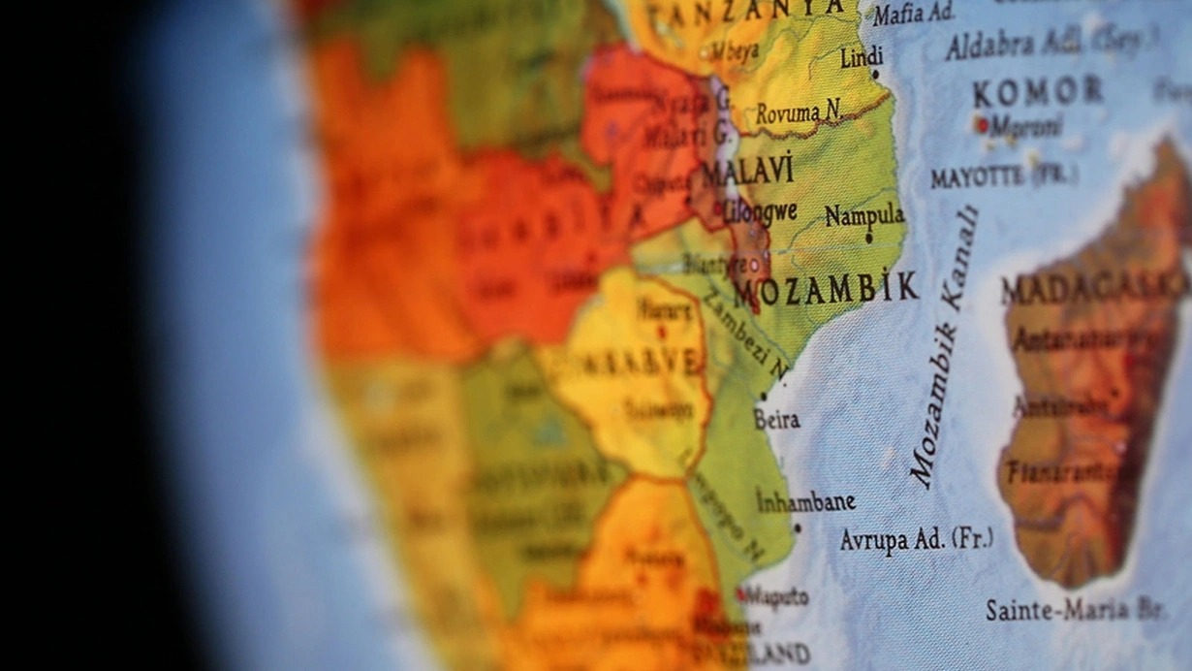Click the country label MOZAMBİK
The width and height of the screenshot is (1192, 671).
tap(825, 288)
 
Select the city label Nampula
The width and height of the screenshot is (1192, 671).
tap(864, 215)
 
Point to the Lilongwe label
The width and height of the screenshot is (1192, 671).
tap(762, 211)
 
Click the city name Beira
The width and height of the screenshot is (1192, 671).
tap(777, 419)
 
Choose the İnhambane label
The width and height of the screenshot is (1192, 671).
tap(805, 501)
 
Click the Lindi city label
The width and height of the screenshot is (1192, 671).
tap(862, 57)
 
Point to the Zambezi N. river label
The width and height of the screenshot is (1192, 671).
tap(747, 335)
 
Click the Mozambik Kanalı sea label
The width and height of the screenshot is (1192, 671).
tap(945, 347)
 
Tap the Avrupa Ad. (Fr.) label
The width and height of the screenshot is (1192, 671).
tap(916, 539)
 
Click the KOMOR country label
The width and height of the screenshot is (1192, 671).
tap(1038, 92)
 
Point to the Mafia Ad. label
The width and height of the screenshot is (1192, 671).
tap(912, 14)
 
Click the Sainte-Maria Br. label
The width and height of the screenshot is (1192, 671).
tap(1074, 609)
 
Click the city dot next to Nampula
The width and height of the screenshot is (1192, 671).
tap(868, 237)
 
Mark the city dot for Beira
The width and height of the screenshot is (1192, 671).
tap(764, 397)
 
